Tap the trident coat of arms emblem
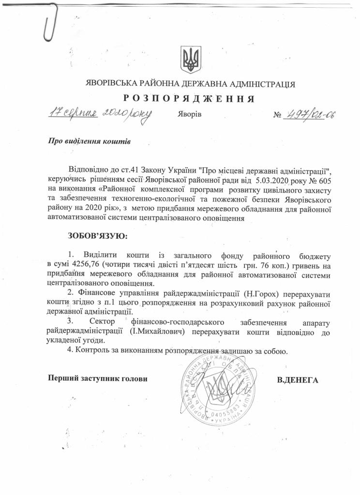click(x=187, y=59)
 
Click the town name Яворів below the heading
click(x=186, y=116)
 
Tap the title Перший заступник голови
click(x=97, y=378)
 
